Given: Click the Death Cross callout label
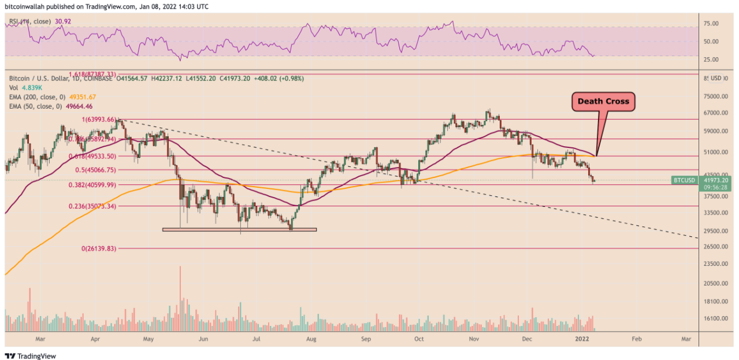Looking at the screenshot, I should point(604,101).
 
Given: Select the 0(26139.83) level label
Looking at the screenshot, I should point(99,248).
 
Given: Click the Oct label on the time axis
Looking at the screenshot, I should point(419,340).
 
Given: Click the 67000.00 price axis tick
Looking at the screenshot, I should point(715,113).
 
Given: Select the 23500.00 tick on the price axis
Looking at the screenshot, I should point(715,263).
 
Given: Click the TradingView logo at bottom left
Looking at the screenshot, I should point(31,356).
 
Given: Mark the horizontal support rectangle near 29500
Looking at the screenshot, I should point(239,229).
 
